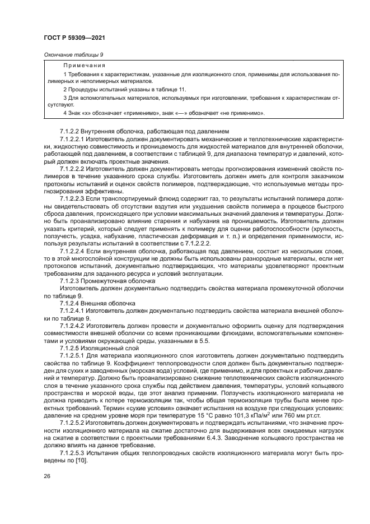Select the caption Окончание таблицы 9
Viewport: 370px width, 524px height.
[x=73, y=54]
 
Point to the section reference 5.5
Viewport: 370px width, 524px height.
[x=204, y=340]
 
